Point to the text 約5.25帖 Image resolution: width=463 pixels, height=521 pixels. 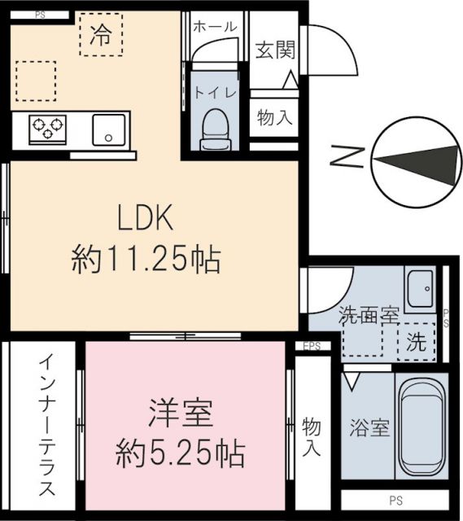[x=181, y=451]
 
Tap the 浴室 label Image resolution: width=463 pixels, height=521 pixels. [x=369, y=428]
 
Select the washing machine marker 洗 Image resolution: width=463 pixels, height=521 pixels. [x=416, y=343]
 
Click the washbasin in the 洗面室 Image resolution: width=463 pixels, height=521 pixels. [x=422, y=289]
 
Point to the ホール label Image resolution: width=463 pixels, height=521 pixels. [x=215, y=27]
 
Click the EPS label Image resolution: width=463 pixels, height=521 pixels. [x=312, y=346]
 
